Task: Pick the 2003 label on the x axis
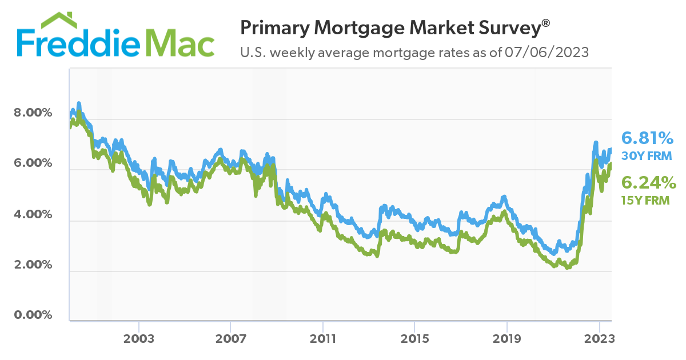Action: click(139, 339)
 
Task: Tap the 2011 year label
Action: click(323, 339)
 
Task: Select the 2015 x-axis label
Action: click(415, 339)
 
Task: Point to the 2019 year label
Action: click(507, 339)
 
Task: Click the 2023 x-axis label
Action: click(599, 339)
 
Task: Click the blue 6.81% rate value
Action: click(648, 138)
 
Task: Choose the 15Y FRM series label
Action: click(645, 201)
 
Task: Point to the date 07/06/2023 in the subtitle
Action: click(547, 53)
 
